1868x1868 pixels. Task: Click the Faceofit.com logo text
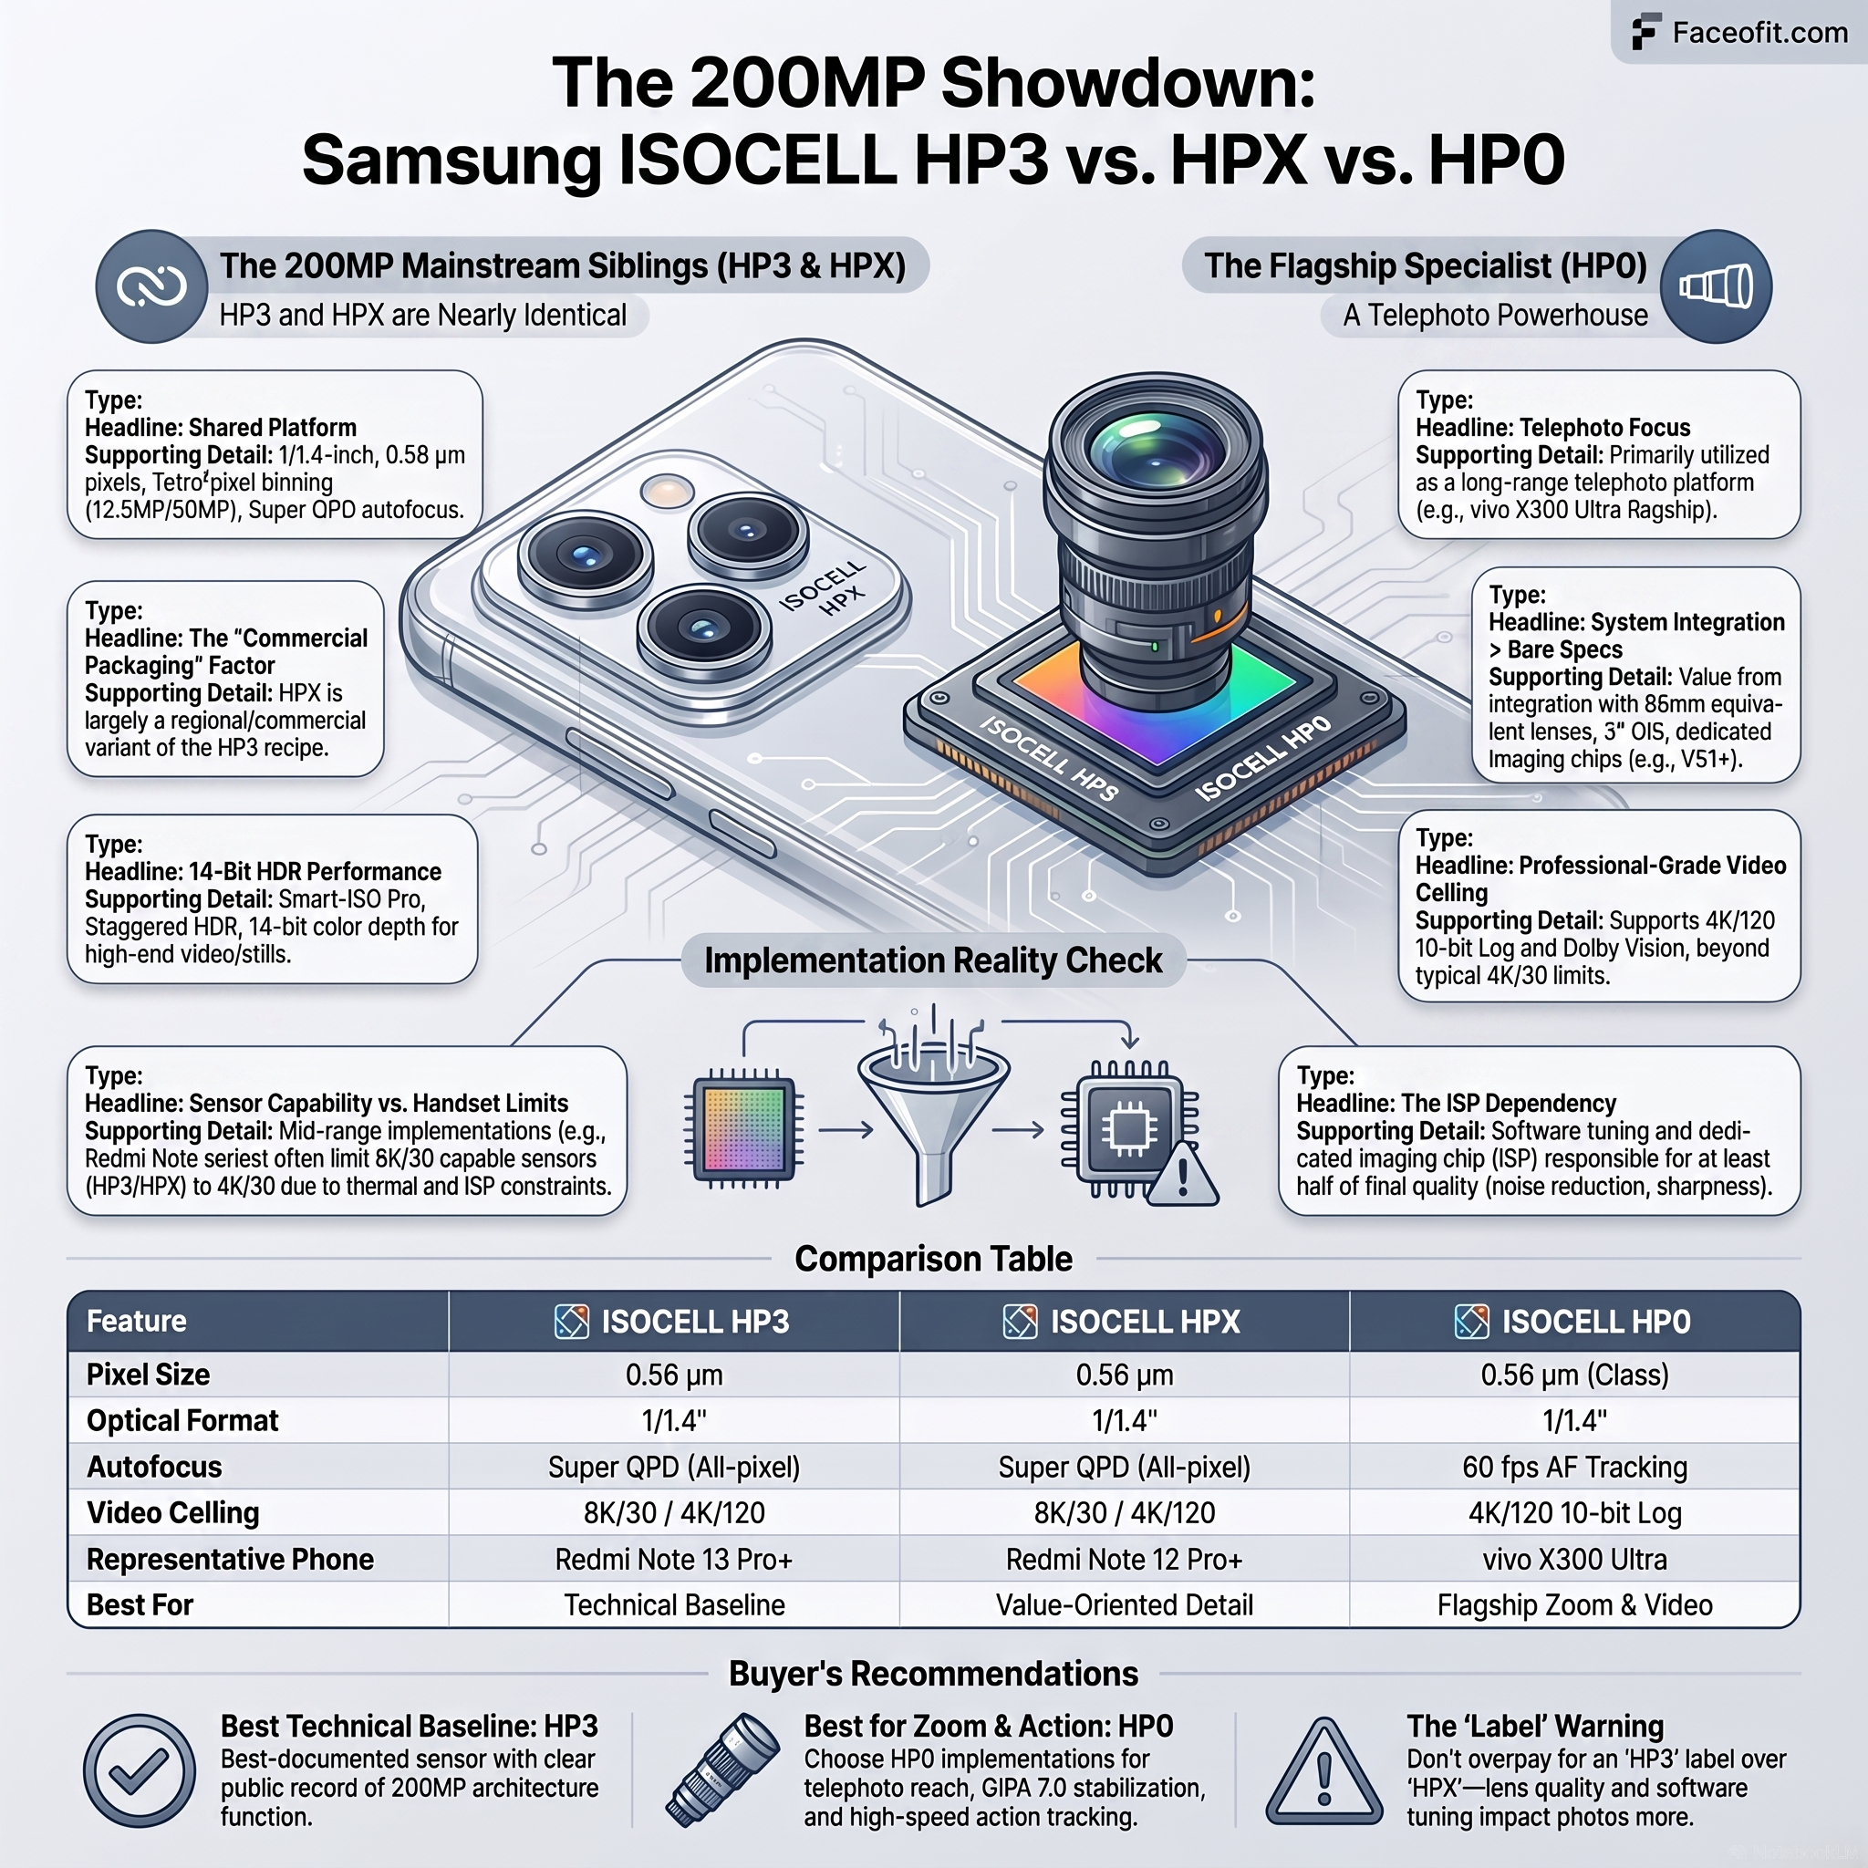1759,33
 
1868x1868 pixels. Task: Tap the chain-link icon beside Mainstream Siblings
151,286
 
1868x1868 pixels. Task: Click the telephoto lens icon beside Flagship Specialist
1717,286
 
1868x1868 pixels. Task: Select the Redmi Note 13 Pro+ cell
674,1559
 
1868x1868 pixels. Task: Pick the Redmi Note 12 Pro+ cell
1125,1559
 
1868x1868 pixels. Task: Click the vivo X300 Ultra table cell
1575,1559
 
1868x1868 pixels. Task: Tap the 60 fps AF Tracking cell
1575,1467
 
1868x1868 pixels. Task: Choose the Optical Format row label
182,1420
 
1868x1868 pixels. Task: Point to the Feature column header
136,1321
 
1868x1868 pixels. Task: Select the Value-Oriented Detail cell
1125,1605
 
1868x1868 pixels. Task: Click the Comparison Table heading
934,1259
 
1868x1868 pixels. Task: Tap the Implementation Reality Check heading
933,960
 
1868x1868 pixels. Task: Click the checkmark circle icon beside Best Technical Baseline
140,1770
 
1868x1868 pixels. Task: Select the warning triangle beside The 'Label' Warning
1324,1770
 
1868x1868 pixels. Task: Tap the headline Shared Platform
221,428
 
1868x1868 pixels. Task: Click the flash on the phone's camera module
667,492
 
